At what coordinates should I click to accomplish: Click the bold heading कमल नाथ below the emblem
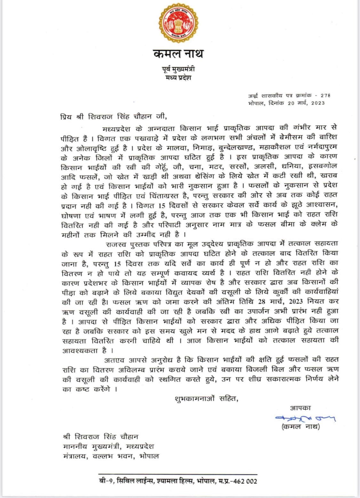[178, 54]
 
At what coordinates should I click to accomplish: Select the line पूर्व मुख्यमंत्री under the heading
[178, 69]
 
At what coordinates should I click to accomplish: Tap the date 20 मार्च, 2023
[305, 103]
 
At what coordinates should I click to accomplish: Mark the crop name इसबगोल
[322, 166]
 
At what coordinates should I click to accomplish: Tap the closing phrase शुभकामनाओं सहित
[206, 399]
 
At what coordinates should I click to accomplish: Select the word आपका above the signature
[300, 408]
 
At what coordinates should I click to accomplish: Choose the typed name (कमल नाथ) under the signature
[300, 427]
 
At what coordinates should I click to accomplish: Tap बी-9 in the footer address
[105, 481]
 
